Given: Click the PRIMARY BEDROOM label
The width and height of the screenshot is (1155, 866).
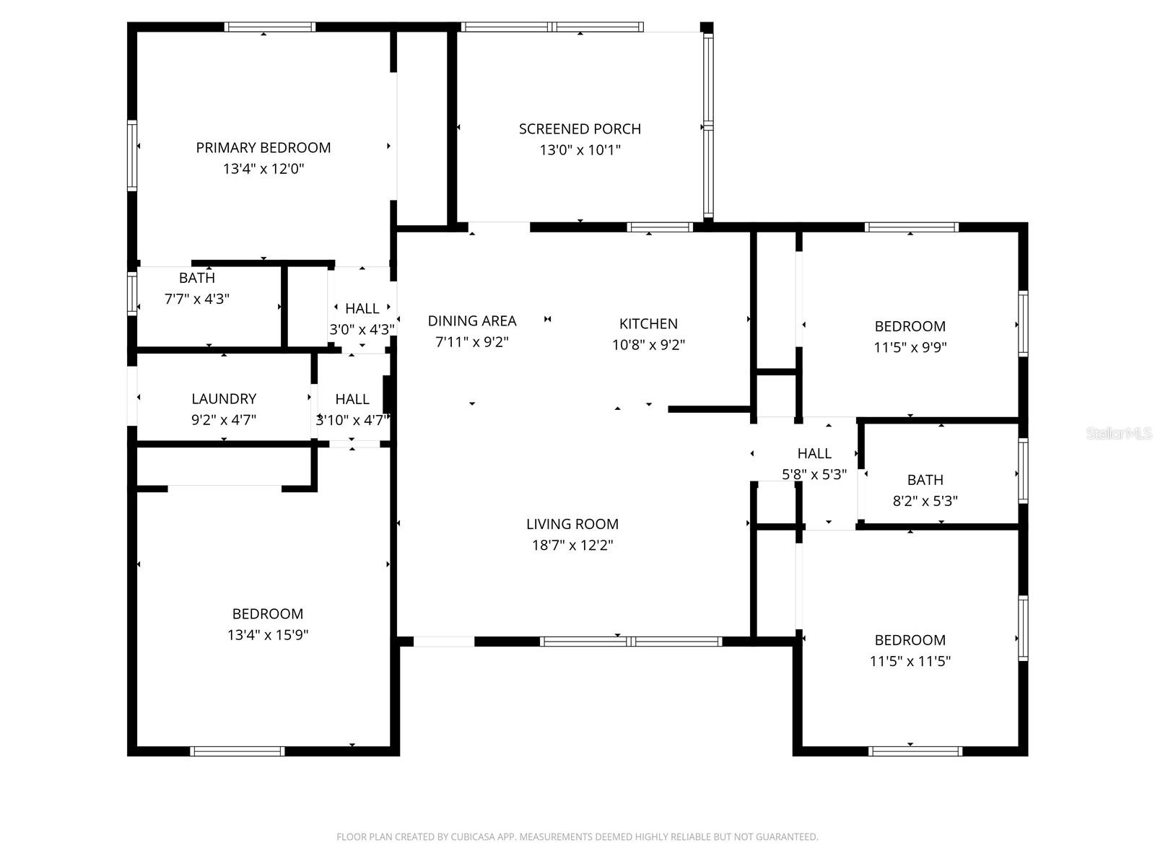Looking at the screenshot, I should pyautogui.click(x=263, y=148).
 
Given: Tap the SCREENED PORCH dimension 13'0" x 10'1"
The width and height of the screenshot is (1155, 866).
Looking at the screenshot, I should pyautogui.click(x=580, y=150).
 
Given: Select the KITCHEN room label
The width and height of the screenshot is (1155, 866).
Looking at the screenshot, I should pyautogui.click(x=648, y=323).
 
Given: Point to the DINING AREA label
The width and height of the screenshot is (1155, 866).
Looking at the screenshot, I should pyautogui.click(x=472, y=321).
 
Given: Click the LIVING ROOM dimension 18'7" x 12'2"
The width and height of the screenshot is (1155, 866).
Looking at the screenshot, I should pyautogui.click(x=572, y=546).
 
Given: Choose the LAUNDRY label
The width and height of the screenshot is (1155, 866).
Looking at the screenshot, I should pyautogui.click(x=224, y=398).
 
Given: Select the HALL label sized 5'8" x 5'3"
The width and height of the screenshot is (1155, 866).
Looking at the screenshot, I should pyautogui.click(x=814, y=453).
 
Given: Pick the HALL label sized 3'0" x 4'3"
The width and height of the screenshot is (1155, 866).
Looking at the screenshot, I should pyautogui.click(x=362, y=309).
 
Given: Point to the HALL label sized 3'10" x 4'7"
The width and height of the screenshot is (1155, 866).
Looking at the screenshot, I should pyautogui.click(x=352, y=399).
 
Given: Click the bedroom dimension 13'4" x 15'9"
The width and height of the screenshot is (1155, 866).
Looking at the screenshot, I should pyautogui.click(x=268, y=635).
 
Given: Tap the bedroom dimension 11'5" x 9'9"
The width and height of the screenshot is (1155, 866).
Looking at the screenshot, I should pyautogui.click(x=910, y=347).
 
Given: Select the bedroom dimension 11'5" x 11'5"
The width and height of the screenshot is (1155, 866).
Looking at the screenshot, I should pyautogui.click(x=910, y=661).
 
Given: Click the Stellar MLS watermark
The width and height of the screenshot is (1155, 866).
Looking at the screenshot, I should pyautogui.click(x=1118, y=434).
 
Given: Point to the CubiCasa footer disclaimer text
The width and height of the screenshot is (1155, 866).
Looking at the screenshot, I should pyautogui.click(x=577, y=837).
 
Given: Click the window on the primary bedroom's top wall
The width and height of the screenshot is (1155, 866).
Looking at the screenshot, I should pyautogui.click(x=269, y=27).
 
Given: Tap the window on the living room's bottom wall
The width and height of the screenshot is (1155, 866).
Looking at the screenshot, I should pyautogui.click(x=630, y=641).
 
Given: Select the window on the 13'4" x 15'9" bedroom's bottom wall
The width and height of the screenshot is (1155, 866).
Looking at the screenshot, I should pyautogui.click(x=237, y=751).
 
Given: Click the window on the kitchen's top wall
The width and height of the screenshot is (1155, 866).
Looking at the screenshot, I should pyautogui.click(x=660, y=227).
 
